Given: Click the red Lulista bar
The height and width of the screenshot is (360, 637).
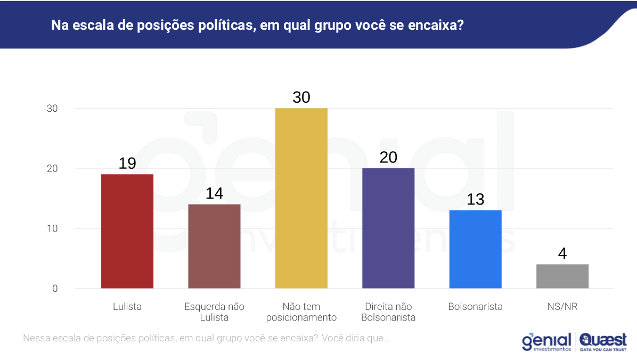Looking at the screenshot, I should click(x=127, y=231).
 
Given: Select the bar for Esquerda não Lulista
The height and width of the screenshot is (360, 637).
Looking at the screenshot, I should click(x=214, y=246).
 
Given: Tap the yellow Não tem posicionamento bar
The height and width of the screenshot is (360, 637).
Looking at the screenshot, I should click(x=301, y=198).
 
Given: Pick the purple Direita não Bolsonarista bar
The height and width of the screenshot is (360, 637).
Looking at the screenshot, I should click(x=388, y=228).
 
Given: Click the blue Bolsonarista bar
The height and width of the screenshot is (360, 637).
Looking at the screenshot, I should click(x=475, y=249).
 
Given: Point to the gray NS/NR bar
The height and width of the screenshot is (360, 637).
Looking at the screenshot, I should click(x=562, y=276).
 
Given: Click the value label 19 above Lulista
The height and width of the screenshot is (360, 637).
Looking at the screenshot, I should click(x=127, y=163).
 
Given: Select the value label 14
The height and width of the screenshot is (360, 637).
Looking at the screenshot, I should click(x=214, y=193).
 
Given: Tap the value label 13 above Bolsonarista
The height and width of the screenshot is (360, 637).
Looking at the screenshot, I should click(x=475, y=200).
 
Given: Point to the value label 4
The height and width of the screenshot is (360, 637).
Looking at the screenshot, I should click(x=562, y=253).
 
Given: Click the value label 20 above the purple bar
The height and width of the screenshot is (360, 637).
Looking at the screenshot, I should click(x=388, y=158).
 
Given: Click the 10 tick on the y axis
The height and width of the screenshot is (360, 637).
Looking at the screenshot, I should click(x=52, y=228).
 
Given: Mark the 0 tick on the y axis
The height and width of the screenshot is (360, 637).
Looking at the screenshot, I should click(x=54, y=289).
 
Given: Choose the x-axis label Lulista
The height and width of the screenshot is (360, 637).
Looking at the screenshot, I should click(x=127, y=307).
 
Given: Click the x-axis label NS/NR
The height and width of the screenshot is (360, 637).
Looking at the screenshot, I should click(x=562, y=307).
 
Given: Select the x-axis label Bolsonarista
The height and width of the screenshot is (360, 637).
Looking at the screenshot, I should click(x=475, y=307).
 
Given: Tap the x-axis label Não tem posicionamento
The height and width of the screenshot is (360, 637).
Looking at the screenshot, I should click(x=301, y=312).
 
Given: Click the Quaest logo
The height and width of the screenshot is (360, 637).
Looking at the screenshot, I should click(x=603, y=341).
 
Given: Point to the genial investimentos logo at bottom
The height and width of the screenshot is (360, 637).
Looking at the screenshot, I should click(x=546, y=342).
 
